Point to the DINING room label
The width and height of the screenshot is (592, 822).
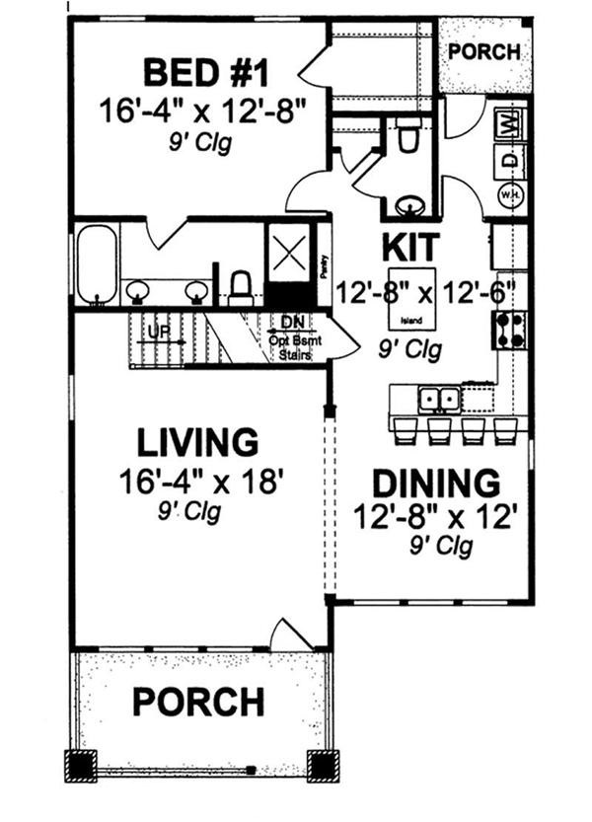point(435,484)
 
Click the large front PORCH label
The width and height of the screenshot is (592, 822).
point(198,702)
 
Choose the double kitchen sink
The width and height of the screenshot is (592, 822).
point(438,400)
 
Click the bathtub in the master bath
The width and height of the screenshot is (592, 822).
point(97,263)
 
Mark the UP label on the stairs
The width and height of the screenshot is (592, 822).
point(156,331)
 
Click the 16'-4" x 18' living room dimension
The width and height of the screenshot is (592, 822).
point(201,482)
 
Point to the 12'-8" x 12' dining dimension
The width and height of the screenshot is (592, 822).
point(435,516)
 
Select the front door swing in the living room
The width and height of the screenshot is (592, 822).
point(292,635)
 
